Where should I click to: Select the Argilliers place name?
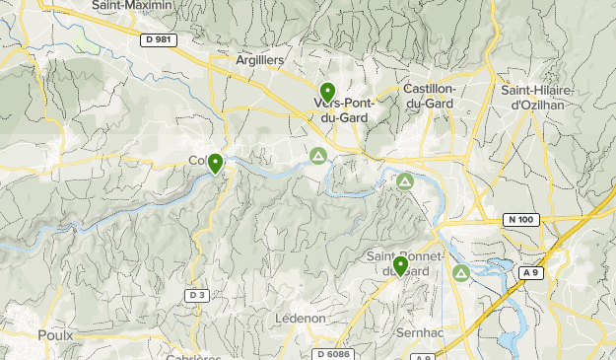(259, 60)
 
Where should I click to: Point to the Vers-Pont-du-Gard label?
(340, 109)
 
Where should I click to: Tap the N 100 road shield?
(522, 219)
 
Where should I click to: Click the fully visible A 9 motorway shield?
(530, 272)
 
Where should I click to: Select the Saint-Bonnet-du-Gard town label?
(398, 264)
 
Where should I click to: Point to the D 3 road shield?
(197, 295)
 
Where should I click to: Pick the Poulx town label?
(55, 335)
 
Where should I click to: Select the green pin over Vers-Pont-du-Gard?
(328, 94)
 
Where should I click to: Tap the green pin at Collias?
(215, 163)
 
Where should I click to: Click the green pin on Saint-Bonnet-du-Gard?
(400, 265)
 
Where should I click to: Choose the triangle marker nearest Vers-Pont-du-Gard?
(318, 156)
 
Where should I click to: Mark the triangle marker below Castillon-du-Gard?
(405, 181)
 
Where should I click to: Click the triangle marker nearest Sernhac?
(461, 272)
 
